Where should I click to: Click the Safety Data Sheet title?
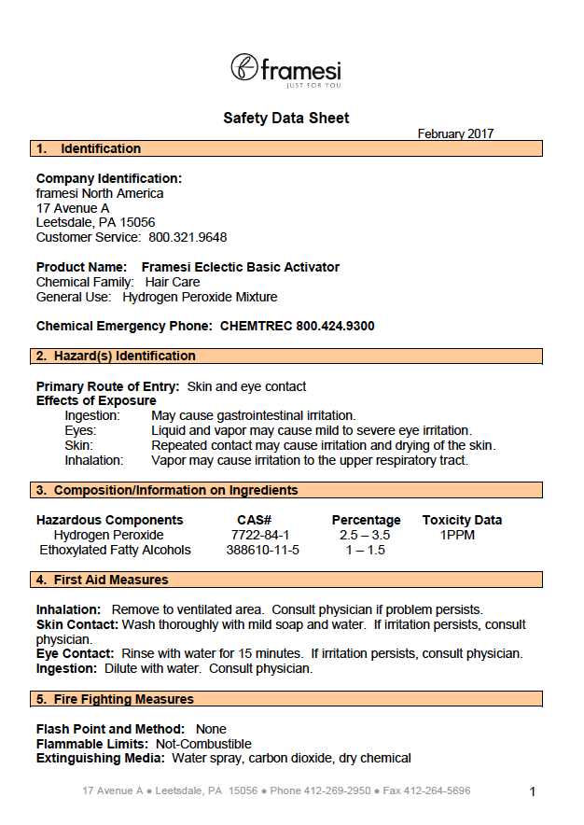(x=286, y=119)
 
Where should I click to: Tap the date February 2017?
(x=455, y=133)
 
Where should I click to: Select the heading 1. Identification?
(x=88, y=148)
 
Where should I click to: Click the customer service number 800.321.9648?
(x=188, y=237)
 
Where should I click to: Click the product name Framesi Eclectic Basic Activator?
(x=240, y=267)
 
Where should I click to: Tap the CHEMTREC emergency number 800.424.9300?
(x=335, y=326)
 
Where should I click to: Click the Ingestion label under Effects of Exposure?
(x=92, y=415)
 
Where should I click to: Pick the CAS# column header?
(x=254, y=520)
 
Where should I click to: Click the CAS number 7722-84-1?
(x=260, y=535)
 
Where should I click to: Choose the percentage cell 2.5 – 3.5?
(x=365, y=535)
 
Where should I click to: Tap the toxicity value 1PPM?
(x=459, y=535)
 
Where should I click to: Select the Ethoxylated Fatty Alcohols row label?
(x=115, y=550)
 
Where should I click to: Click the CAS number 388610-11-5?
(x=262, y=550)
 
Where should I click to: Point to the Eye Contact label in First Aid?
(x=74, y=653)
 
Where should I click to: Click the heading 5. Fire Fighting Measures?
(x=115, y=699)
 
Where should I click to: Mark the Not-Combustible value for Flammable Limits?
(x=203, y=744)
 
